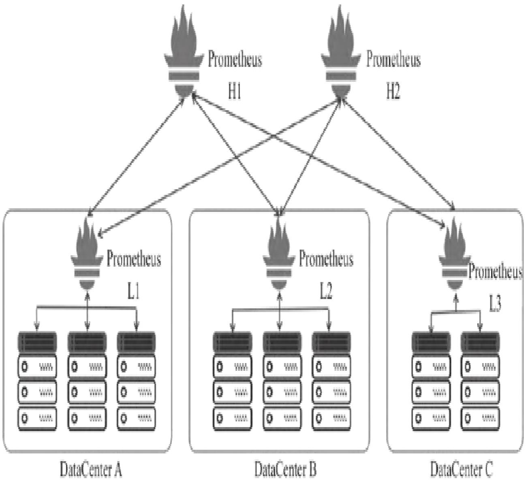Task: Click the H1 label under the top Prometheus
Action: coord(235,92)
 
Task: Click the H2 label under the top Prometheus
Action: coord(393,92)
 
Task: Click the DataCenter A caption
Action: coord(91,470)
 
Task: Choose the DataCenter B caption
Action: coord(285,470)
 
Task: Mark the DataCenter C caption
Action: coord(462,470)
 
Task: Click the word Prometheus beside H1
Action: coord(235,59)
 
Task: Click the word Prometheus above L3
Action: coord(495,272)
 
